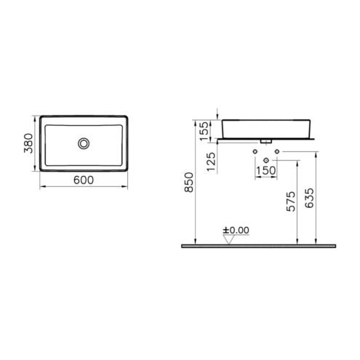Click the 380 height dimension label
[x=28, y=143]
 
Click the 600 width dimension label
[x=84, y=180]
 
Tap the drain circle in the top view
[x=84, y=143]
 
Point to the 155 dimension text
[x=204, y=131]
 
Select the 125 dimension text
[x=211, y=161]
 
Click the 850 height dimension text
[x=189, y=183]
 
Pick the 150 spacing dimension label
[x=266, y=170]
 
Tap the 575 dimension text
[x=291, y=201]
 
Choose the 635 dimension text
[x=309, y=198]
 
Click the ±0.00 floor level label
[x=236, y=230]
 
